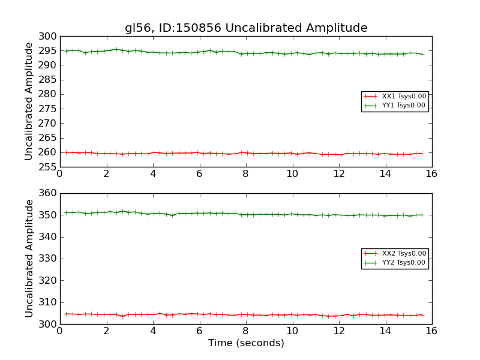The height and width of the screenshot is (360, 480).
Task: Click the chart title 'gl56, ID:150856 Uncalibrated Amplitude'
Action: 246,28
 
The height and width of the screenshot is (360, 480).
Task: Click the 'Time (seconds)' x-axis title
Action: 246,343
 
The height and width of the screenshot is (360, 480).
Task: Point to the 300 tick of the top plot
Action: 48,37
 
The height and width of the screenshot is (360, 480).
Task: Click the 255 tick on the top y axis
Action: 48,167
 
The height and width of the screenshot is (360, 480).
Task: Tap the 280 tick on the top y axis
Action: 48,94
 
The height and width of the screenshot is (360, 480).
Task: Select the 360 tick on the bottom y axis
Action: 48,193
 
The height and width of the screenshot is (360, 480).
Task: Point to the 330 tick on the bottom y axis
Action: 48,259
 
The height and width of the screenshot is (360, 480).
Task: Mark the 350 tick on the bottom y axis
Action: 48,215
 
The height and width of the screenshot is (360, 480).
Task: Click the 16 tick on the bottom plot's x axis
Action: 431,331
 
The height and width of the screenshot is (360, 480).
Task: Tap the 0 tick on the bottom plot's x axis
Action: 59,331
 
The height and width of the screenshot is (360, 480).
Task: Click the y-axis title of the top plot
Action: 29,101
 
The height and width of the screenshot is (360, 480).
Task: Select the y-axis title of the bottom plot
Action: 29,259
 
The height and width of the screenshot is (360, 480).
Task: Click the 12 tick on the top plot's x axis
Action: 338,174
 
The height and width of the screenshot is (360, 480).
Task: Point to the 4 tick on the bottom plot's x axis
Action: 152,331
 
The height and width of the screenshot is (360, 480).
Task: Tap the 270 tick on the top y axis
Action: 48,123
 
